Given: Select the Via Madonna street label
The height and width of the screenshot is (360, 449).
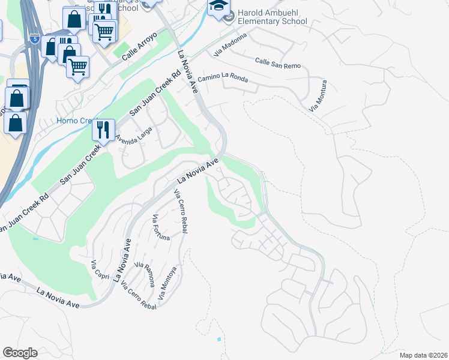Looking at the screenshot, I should pyautogui.click(x=234, y=44).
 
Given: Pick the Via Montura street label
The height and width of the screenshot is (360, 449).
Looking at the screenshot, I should pyautogui.click(x=319, y=95).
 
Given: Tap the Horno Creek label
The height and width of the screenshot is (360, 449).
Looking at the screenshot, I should pyautogui.click(x=73, y=121).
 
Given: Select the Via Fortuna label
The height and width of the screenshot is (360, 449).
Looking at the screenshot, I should pyautogui.click(x=161, y=227).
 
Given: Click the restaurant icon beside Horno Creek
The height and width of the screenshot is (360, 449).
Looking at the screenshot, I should pyautogui.click(x=103, y=130).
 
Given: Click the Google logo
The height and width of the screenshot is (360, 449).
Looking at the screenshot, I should pyautogui.click(x=20, y=353).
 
